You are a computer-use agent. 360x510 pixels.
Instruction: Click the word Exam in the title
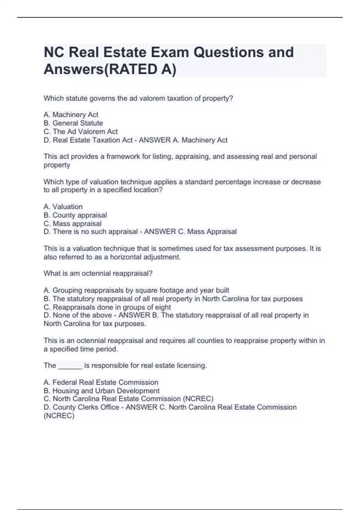point(169,52)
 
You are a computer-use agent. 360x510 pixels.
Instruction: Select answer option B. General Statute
point(73,123)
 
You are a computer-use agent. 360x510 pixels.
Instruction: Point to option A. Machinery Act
point(71,115)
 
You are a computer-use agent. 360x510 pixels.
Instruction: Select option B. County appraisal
point(75,215)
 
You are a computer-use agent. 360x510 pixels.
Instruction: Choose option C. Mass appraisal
point(72,223)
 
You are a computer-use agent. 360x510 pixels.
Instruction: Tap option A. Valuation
point(63,207)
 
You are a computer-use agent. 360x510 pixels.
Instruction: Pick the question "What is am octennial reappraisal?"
point(98,274)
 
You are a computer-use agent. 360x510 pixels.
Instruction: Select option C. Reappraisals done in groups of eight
point(107,307)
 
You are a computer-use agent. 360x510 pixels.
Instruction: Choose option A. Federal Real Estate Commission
point(101,382)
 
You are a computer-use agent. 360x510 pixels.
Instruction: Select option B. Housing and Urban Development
point(101,391)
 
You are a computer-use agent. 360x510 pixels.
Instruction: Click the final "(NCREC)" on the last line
point(59,415)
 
